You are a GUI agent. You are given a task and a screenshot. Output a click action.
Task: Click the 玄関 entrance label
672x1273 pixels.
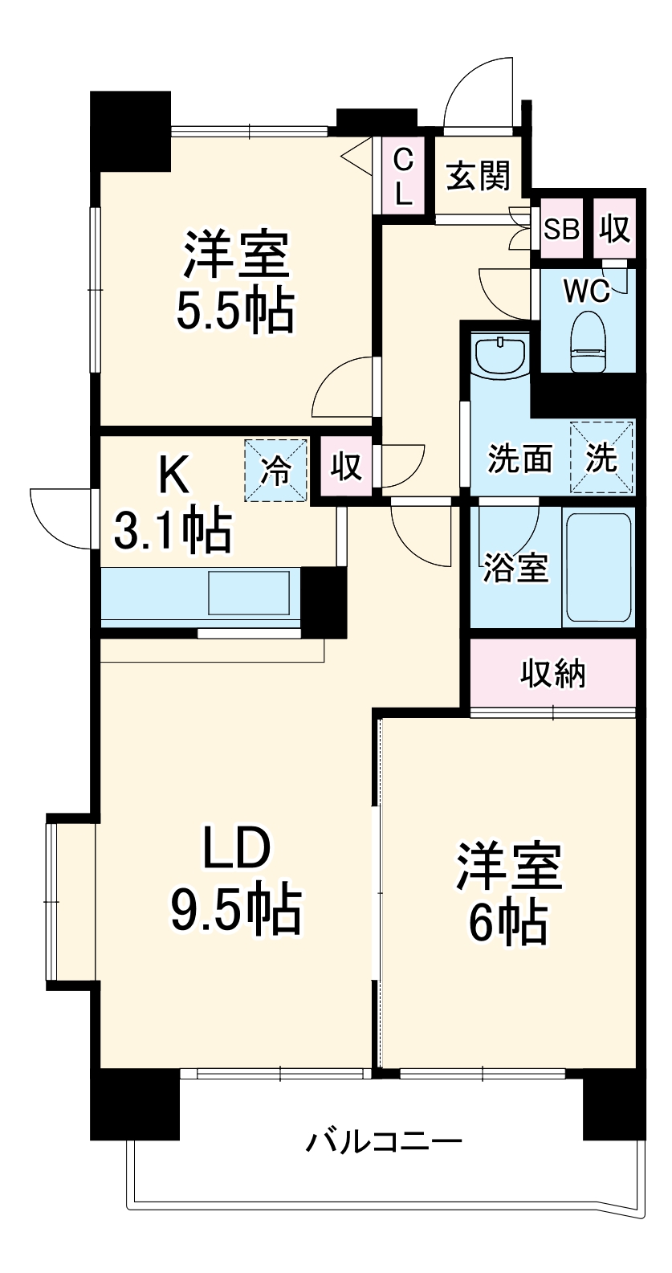click(479, 175)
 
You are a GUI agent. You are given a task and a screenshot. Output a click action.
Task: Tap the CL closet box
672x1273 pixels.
click(403, 176)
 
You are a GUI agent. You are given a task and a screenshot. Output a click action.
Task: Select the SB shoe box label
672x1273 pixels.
click(561, 229)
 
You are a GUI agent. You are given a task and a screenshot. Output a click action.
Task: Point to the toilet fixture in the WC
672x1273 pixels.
click(590, 341)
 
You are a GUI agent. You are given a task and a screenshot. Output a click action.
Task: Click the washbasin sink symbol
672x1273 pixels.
click(499, 355)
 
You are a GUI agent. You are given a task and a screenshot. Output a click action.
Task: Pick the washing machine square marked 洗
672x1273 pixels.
click(601, 457)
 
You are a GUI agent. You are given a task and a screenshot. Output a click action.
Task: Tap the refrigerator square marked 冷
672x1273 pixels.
click(276, 470)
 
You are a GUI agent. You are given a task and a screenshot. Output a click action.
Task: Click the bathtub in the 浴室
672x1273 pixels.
click(598, 569)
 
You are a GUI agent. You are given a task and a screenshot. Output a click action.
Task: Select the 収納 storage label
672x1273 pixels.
click(553, 673)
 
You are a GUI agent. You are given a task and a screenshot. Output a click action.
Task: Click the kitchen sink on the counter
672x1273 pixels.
click(249, 593)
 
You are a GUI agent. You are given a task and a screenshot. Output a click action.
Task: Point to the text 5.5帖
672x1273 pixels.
click(235, 311)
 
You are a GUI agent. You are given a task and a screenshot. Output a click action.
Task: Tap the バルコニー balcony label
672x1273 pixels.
click(384, 1141)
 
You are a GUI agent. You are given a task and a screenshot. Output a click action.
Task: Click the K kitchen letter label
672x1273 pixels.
click(173, 475)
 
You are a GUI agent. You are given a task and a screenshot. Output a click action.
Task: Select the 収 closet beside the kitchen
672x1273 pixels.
click(347, 466)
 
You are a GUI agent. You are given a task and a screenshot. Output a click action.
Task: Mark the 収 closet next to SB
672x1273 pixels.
click(615, 229)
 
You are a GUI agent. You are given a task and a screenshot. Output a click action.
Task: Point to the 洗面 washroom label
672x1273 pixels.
click(520, 459)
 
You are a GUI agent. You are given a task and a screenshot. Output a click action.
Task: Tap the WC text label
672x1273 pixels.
click(586, 290)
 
